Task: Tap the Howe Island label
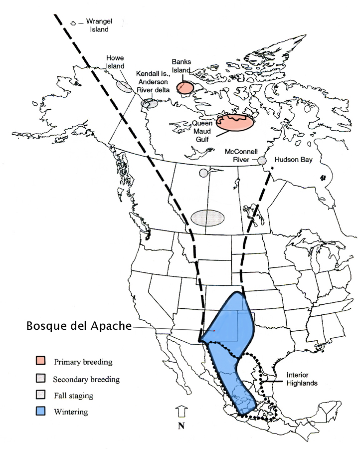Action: tap(115, 61)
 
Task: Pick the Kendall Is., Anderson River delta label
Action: tap(154, 81)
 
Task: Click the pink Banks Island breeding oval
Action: tap(186, 88)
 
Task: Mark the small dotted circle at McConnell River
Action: tap(262, 160)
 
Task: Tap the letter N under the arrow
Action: tap(181, 427)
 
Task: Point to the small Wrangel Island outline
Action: tap(74, 22)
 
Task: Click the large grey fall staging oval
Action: tap(207, 219)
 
